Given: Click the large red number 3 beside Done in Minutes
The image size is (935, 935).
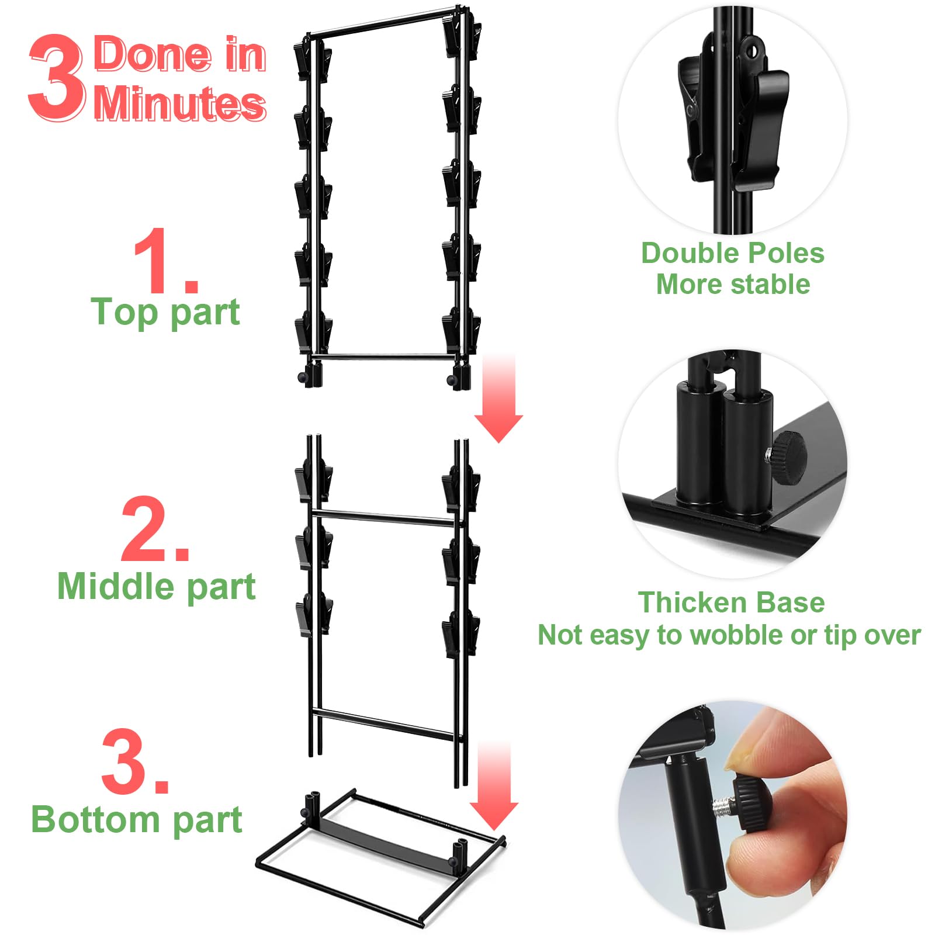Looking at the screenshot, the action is tap(57, 77).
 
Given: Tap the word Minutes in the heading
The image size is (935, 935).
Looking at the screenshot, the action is tap(180, 103).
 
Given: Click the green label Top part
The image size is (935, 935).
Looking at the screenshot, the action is tap(165, 313).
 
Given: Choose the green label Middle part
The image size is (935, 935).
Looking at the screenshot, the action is tap(157, 586).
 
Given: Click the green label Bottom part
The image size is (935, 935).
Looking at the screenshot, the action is tap(137, 819).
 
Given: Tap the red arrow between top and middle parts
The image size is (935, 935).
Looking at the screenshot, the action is tap(498, 398).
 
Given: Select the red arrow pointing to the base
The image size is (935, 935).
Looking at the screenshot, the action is tap(494, 786).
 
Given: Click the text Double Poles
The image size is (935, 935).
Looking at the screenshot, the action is tap(733, 253).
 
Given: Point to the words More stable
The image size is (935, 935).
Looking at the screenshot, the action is tap(733, 285).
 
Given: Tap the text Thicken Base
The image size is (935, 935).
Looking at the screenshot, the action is tap(731, 602).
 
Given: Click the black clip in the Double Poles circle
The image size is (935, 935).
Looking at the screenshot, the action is tap(733, 111).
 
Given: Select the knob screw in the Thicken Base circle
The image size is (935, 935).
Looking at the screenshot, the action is tap(786, 458).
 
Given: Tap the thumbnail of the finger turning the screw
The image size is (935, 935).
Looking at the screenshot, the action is tap(733, 815).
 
